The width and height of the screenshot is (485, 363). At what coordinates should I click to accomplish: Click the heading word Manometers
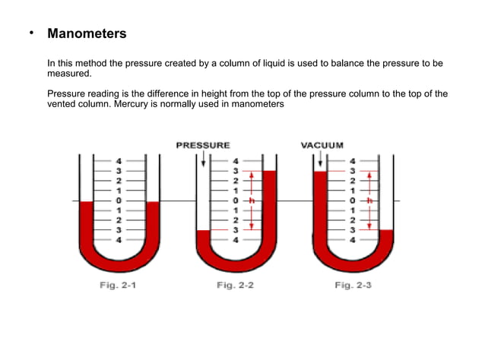point(87,34)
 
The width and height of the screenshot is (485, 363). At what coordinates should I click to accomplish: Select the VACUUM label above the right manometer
point(322,144)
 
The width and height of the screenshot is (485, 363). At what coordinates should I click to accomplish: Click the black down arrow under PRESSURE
point(203,161)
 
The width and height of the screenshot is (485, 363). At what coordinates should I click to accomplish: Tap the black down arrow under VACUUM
point(321,160)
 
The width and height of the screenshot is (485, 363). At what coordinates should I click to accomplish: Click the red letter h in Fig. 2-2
point(251,200)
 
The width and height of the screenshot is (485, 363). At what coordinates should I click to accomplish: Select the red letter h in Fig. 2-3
point(369,200)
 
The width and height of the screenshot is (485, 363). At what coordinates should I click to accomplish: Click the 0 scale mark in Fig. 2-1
point(119,200)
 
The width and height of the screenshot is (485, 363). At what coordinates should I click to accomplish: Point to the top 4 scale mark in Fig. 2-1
point(119,161)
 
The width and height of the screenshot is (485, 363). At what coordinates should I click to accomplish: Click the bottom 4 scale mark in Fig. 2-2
point(236,239)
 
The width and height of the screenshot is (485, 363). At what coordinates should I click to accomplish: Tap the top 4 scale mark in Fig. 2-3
point(352,161)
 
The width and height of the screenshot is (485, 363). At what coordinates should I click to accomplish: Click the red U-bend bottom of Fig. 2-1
point(119,263)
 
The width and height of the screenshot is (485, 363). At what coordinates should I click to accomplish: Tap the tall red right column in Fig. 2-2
point(268,205)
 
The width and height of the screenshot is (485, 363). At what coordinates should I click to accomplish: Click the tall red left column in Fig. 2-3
point(320,205)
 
